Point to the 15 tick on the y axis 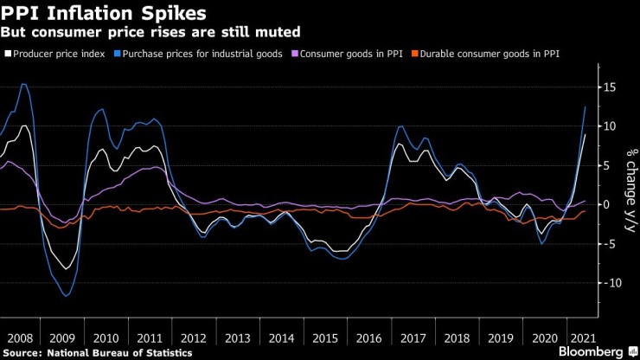tap(611, 87)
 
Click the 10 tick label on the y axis tap(611, 126)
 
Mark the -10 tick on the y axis tap(609, 283)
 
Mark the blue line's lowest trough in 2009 tap(66, 296)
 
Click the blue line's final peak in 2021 tap(586, 106)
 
